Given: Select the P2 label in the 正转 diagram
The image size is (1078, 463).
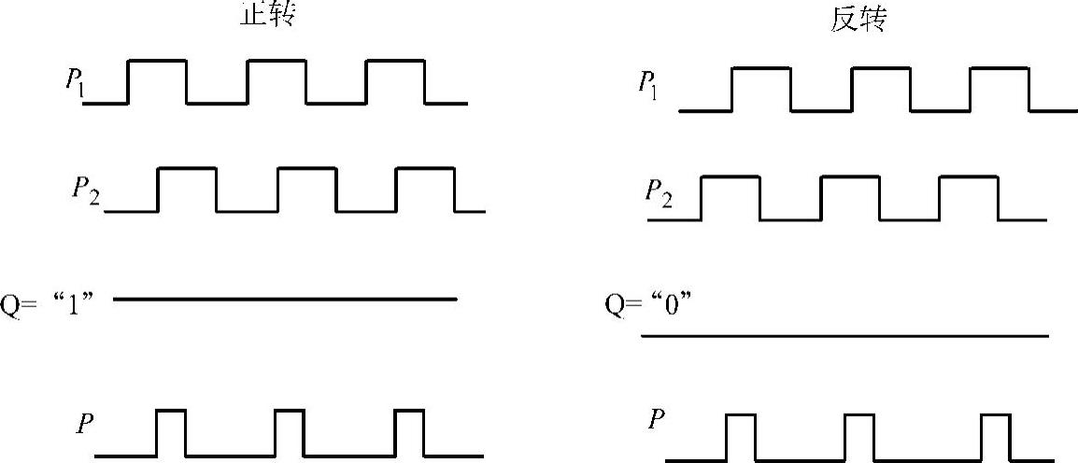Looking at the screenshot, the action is click(87, 189).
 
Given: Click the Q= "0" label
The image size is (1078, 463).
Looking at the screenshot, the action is click(649, 304).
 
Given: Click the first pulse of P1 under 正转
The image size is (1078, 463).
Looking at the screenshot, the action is click(157, 81).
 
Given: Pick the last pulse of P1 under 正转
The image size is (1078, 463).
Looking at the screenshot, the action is click(395, 81).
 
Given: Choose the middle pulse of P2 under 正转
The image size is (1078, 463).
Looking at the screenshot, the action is click(306, 189).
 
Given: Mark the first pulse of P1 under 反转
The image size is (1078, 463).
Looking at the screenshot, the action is click(761, 90).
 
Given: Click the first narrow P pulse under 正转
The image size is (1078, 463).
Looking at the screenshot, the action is click(170, 432).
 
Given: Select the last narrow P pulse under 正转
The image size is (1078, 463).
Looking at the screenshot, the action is click(409, 432).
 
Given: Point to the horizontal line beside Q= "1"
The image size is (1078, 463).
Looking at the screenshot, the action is click(285, 299).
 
